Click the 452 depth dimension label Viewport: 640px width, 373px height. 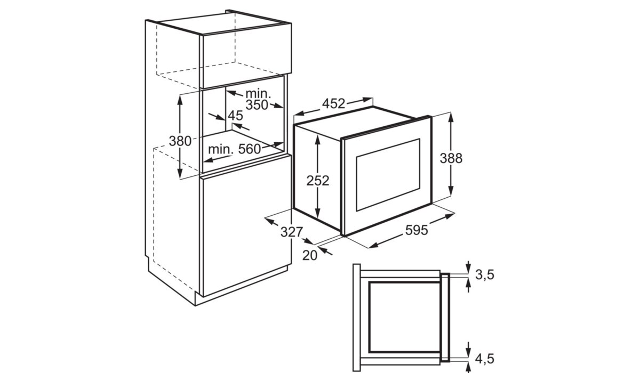tap(333, 103)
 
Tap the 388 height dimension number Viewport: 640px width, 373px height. tap(451, 158)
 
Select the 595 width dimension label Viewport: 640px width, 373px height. tap(417, 230)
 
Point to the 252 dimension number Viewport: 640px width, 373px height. tap(318, 181)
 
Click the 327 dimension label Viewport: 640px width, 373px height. tap(291, 232)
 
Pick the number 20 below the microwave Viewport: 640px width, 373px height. tap(310, 256)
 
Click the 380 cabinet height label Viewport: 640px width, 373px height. tap(180, 141)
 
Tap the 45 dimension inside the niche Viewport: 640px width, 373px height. tap(235, 116)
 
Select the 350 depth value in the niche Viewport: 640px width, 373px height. tap(257, 105)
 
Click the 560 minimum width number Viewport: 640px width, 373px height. tap(250, 149)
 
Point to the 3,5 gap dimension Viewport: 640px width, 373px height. tap(485, 274)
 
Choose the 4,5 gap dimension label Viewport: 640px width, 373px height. tap(485, 359)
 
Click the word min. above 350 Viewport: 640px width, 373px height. tap(258, 94)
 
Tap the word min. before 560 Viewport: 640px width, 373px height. tap(221, 149)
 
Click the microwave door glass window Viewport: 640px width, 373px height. tap(388, 175)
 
